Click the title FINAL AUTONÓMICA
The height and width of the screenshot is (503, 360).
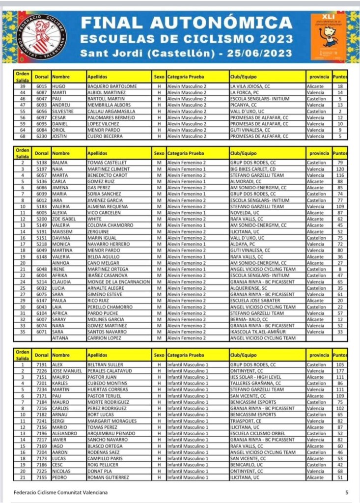tap(186, 23)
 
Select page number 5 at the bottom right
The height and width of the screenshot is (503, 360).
tap(347, 492)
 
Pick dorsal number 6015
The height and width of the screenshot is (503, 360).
tap(42, 86)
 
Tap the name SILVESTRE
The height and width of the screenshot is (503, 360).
tap(63, 112)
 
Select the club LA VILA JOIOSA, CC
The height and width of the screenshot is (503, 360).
tap(250, 86)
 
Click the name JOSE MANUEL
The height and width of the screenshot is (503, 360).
tap(67, 371)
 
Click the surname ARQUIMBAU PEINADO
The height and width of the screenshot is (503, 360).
tap(111, 434)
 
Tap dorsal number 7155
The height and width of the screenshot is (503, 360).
tap(42, 477)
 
